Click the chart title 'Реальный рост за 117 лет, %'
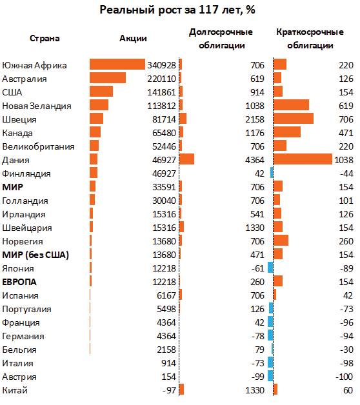pyautogui.click(x=177, y=10)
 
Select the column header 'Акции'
pyautogui.click(x=133, y=39)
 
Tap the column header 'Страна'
pyautogui.click(x=45, y=39)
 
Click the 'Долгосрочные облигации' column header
pyautogui.click(x=221, y=39)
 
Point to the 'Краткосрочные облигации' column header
pyautogui.click(x=310, y=39)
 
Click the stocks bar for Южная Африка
pyautogui.click(x=117, y=64)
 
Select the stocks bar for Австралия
pyautogui.click(x=108, y=78)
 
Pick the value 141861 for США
pyautogui.click(x=161, y=92)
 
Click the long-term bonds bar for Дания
pyautogui.click(x=186, y=159)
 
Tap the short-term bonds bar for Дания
pyautogui.click(x=303, y=159)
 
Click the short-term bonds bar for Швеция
pyautogui.click(x=294, y=118)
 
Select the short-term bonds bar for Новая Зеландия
pyautogui.click(x=291, y=105)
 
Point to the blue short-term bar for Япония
pyautogui.click(x=270, y=268)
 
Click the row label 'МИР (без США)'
pyautogui.click(x=35, y=255)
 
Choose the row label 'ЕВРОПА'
pyautogui.click(x=19, y=282)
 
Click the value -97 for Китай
pyautogui.click(x=169, y=390)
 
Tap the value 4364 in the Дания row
pyautogui.click(x=255, y=160)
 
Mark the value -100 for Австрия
pyautogui.click(x=345, y=377)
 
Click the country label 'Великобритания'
pyautogui.click(x=38, y=146)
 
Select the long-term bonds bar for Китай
pyautogui.click(x=181, y=390)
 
